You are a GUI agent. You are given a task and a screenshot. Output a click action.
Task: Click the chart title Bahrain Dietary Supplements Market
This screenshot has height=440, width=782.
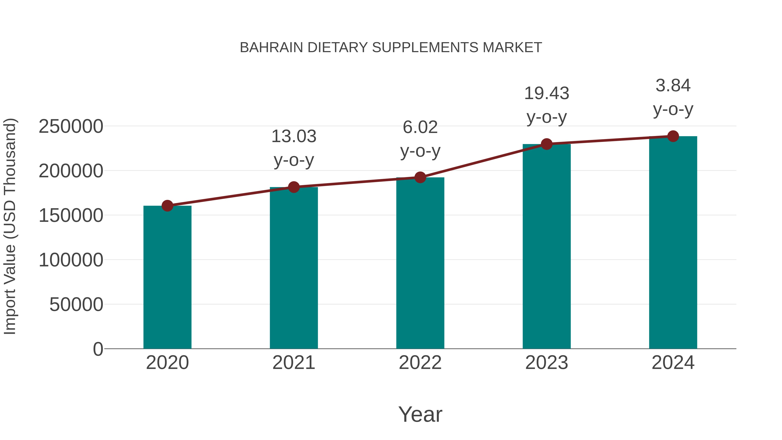pos(391,48)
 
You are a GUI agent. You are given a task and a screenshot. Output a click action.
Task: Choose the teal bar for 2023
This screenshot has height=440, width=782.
pos(547,246)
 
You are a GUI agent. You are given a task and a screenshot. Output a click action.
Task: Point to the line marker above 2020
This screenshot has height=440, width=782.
pos(167,206)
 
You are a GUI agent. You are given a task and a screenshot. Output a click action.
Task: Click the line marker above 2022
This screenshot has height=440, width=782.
pos(420,177)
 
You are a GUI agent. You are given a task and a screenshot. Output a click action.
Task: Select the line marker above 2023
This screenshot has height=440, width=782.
pos(547,144)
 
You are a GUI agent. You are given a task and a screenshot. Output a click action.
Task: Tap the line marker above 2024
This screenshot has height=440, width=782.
pos(673,136)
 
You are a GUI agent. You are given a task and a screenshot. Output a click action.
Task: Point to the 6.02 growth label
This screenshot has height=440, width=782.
pos(420,127)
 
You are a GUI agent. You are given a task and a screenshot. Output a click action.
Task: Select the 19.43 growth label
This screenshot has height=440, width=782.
pos(547,93)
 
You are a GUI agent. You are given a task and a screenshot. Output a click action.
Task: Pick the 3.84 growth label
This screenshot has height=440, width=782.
pos(673,85)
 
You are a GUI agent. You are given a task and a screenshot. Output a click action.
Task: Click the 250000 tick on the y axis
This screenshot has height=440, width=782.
pos(71,126)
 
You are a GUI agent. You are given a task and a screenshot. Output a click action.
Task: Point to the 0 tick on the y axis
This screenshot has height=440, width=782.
pos(98,349)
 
